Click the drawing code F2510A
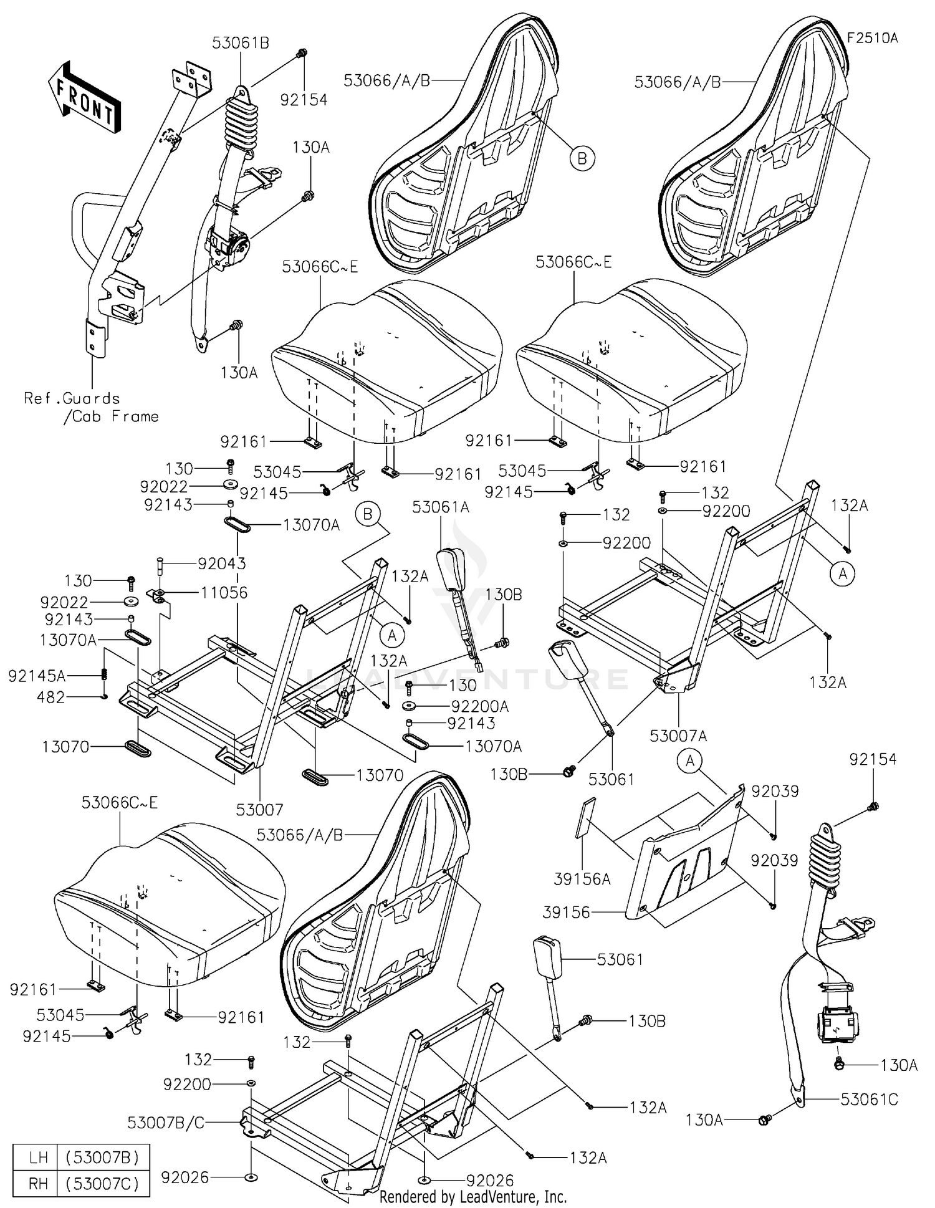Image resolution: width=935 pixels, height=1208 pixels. (x=871, y=38)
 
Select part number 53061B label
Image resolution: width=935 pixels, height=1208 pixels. (x=240, y=43)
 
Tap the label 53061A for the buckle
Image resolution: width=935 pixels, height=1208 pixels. (x=440, y=508)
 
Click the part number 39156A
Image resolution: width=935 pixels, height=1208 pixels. (x=582, y=879)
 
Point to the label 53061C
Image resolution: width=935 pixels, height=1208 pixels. (x=869, y=1100)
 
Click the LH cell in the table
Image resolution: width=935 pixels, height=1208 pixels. (x=38, y=1158)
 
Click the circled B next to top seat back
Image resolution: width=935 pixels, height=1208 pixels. (x=582, y=158)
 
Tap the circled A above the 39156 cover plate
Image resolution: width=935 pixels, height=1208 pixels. (x=690, y=761)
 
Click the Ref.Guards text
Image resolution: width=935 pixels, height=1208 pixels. (x=72, y=398)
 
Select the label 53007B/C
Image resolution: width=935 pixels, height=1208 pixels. (x=166, y=1123)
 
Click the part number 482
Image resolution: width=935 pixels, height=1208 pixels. (x=51, y=697)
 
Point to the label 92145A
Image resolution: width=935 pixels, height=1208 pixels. (x=37, y=676)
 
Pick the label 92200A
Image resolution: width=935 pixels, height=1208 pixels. (x=479, y=706)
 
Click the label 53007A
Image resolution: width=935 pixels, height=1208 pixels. (x=678, y=736)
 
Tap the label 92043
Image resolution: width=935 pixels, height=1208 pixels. (x=221, y=563)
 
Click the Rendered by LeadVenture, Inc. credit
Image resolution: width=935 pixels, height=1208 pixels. (x=473, y=1197)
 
